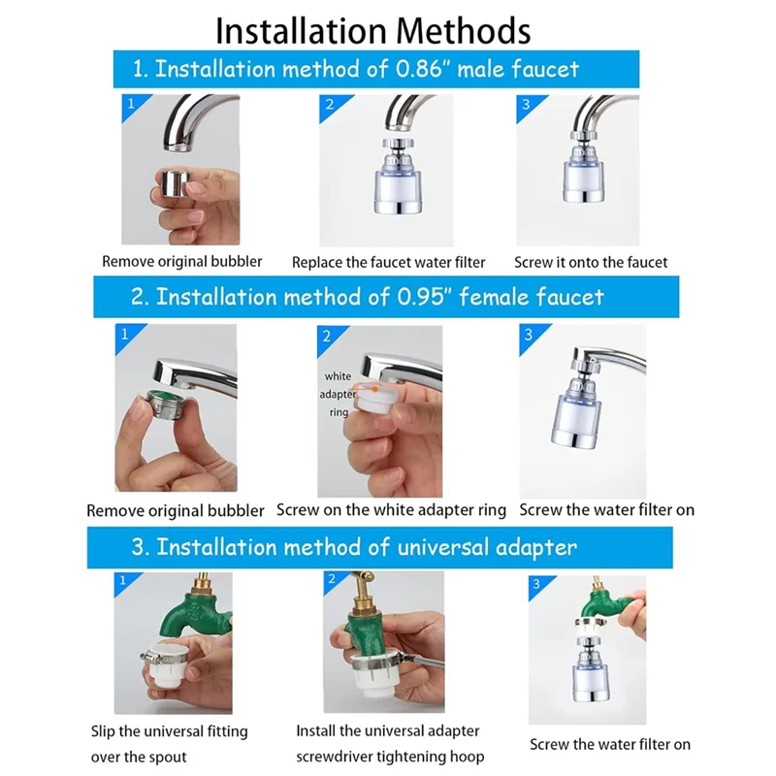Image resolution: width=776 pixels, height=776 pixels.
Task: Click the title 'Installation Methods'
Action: pos(372,31)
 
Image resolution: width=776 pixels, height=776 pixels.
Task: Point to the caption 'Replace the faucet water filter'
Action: pos(389,262)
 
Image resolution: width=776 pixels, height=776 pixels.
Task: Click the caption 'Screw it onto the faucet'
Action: pos(591,262)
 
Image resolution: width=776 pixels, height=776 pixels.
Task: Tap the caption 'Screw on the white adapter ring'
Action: pos(391,510)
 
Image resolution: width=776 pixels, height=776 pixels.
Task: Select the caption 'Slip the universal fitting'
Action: pos(169,731)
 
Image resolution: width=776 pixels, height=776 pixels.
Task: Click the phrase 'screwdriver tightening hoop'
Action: pos(390,757)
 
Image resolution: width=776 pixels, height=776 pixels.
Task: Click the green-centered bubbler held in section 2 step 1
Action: pos(167,404)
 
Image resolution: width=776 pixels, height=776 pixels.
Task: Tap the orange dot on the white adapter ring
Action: pos(375,390)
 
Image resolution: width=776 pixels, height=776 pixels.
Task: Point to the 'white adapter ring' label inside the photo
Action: pos(338,395)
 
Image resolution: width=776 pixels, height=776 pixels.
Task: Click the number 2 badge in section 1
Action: pos(330,105)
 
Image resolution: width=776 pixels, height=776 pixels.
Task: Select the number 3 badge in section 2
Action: pos(529,335)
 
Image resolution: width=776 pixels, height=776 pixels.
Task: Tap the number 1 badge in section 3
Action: pos(123,580)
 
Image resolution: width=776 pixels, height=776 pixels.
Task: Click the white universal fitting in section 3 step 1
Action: pos(164,666)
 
